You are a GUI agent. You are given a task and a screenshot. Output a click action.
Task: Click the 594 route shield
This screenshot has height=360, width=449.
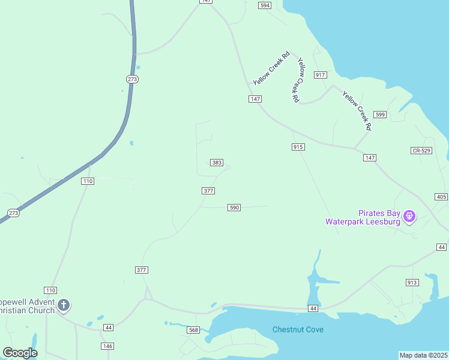(x=265, y=5)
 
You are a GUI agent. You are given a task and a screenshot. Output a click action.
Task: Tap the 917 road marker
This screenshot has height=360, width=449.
(x=320, y=75)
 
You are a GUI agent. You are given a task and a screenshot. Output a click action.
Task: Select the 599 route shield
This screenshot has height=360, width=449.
(x=379, y=115)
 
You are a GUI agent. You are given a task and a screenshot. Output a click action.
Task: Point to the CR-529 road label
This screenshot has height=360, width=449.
(x=421, y=151)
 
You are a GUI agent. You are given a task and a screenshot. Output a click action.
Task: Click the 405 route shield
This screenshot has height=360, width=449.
(x=441, y=197)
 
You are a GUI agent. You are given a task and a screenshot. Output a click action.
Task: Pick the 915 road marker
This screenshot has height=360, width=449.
(x=298, y=147)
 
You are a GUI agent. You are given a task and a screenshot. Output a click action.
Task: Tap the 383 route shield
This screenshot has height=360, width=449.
(x=217, y=163)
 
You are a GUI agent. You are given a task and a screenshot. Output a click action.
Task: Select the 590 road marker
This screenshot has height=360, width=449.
(x=234, y=208)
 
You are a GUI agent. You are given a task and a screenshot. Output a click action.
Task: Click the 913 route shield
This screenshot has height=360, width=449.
(x=412, y=283)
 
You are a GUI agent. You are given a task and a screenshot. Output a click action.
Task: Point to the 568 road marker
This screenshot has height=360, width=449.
(x=193, y=330)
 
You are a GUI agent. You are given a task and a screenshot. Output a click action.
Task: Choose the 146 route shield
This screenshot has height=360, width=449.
(x=107, y=346)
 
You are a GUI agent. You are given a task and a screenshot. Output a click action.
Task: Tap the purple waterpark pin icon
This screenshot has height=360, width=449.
(x=409, y=215)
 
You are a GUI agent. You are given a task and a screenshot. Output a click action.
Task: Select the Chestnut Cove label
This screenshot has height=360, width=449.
(x=298, y=329)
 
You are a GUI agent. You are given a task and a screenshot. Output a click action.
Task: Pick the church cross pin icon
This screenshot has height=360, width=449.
(x=64, y=305)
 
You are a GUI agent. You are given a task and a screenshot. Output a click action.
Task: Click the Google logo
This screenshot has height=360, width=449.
(x=20, y=353)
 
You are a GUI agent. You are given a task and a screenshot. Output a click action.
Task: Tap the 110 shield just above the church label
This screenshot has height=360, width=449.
(x=50, y=290)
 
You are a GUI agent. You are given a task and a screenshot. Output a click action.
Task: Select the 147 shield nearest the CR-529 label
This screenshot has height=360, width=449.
(x=369, y=158)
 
